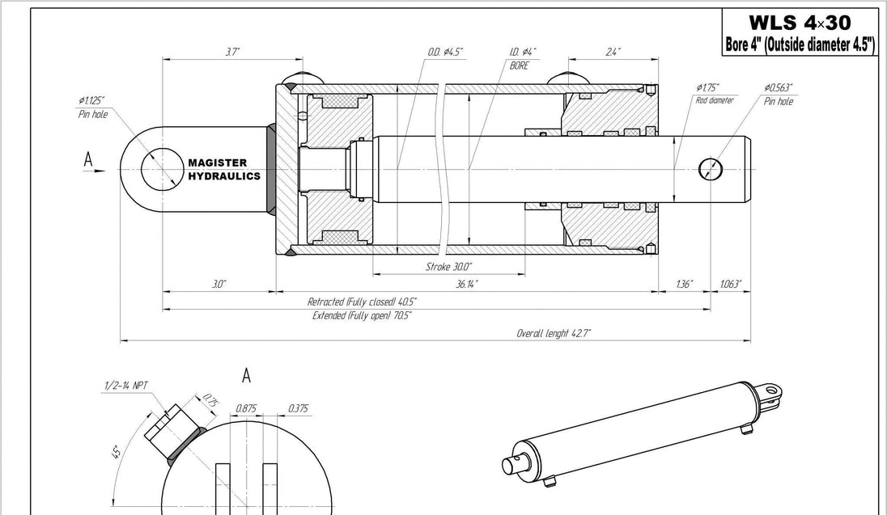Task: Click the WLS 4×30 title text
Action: click(800, 23)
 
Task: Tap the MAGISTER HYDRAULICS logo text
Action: click(224, 170)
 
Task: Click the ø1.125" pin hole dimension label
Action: click(92, 108)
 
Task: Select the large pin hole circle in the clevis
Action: click(163, 170)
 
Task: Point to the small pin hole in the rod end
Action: click(711, 169)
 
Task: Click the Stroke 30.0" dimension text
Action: click(448, 266)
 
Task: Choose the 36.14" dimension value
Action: click(467, 284)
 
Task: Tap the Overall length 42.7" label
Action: click(554, 333)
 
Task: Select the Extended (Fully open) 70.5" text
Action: click(362, 315)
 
